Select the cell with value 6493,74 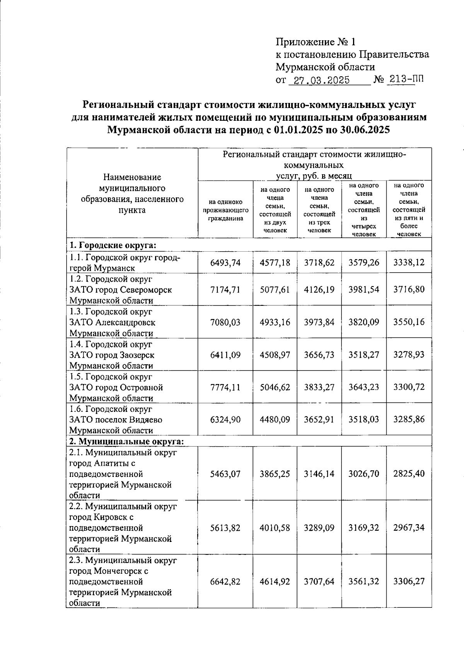click(x=225, y=262)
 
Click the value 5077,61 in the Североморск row click(x=275, y=290)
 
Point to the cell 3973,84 click(x=319, y=322)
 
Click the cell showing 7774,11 click(x=225, y=387)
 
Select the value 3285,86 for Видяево click(x=409, y=419)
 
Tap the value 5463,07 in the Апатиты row click(x=225, y=473)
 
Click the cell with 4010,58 click(x=275, y=527)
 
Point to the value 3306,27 click(x=409, y=581)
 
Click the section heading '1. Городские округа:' click(x=113, y=245)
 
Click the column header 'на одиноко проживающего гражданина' click(x=225, y=210)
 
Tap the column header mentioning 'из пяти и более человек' click(x=409, y=209)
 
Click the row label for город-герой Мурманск click(x=125, y=262)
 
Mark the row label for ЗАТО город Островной click(x=116, y=387)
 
